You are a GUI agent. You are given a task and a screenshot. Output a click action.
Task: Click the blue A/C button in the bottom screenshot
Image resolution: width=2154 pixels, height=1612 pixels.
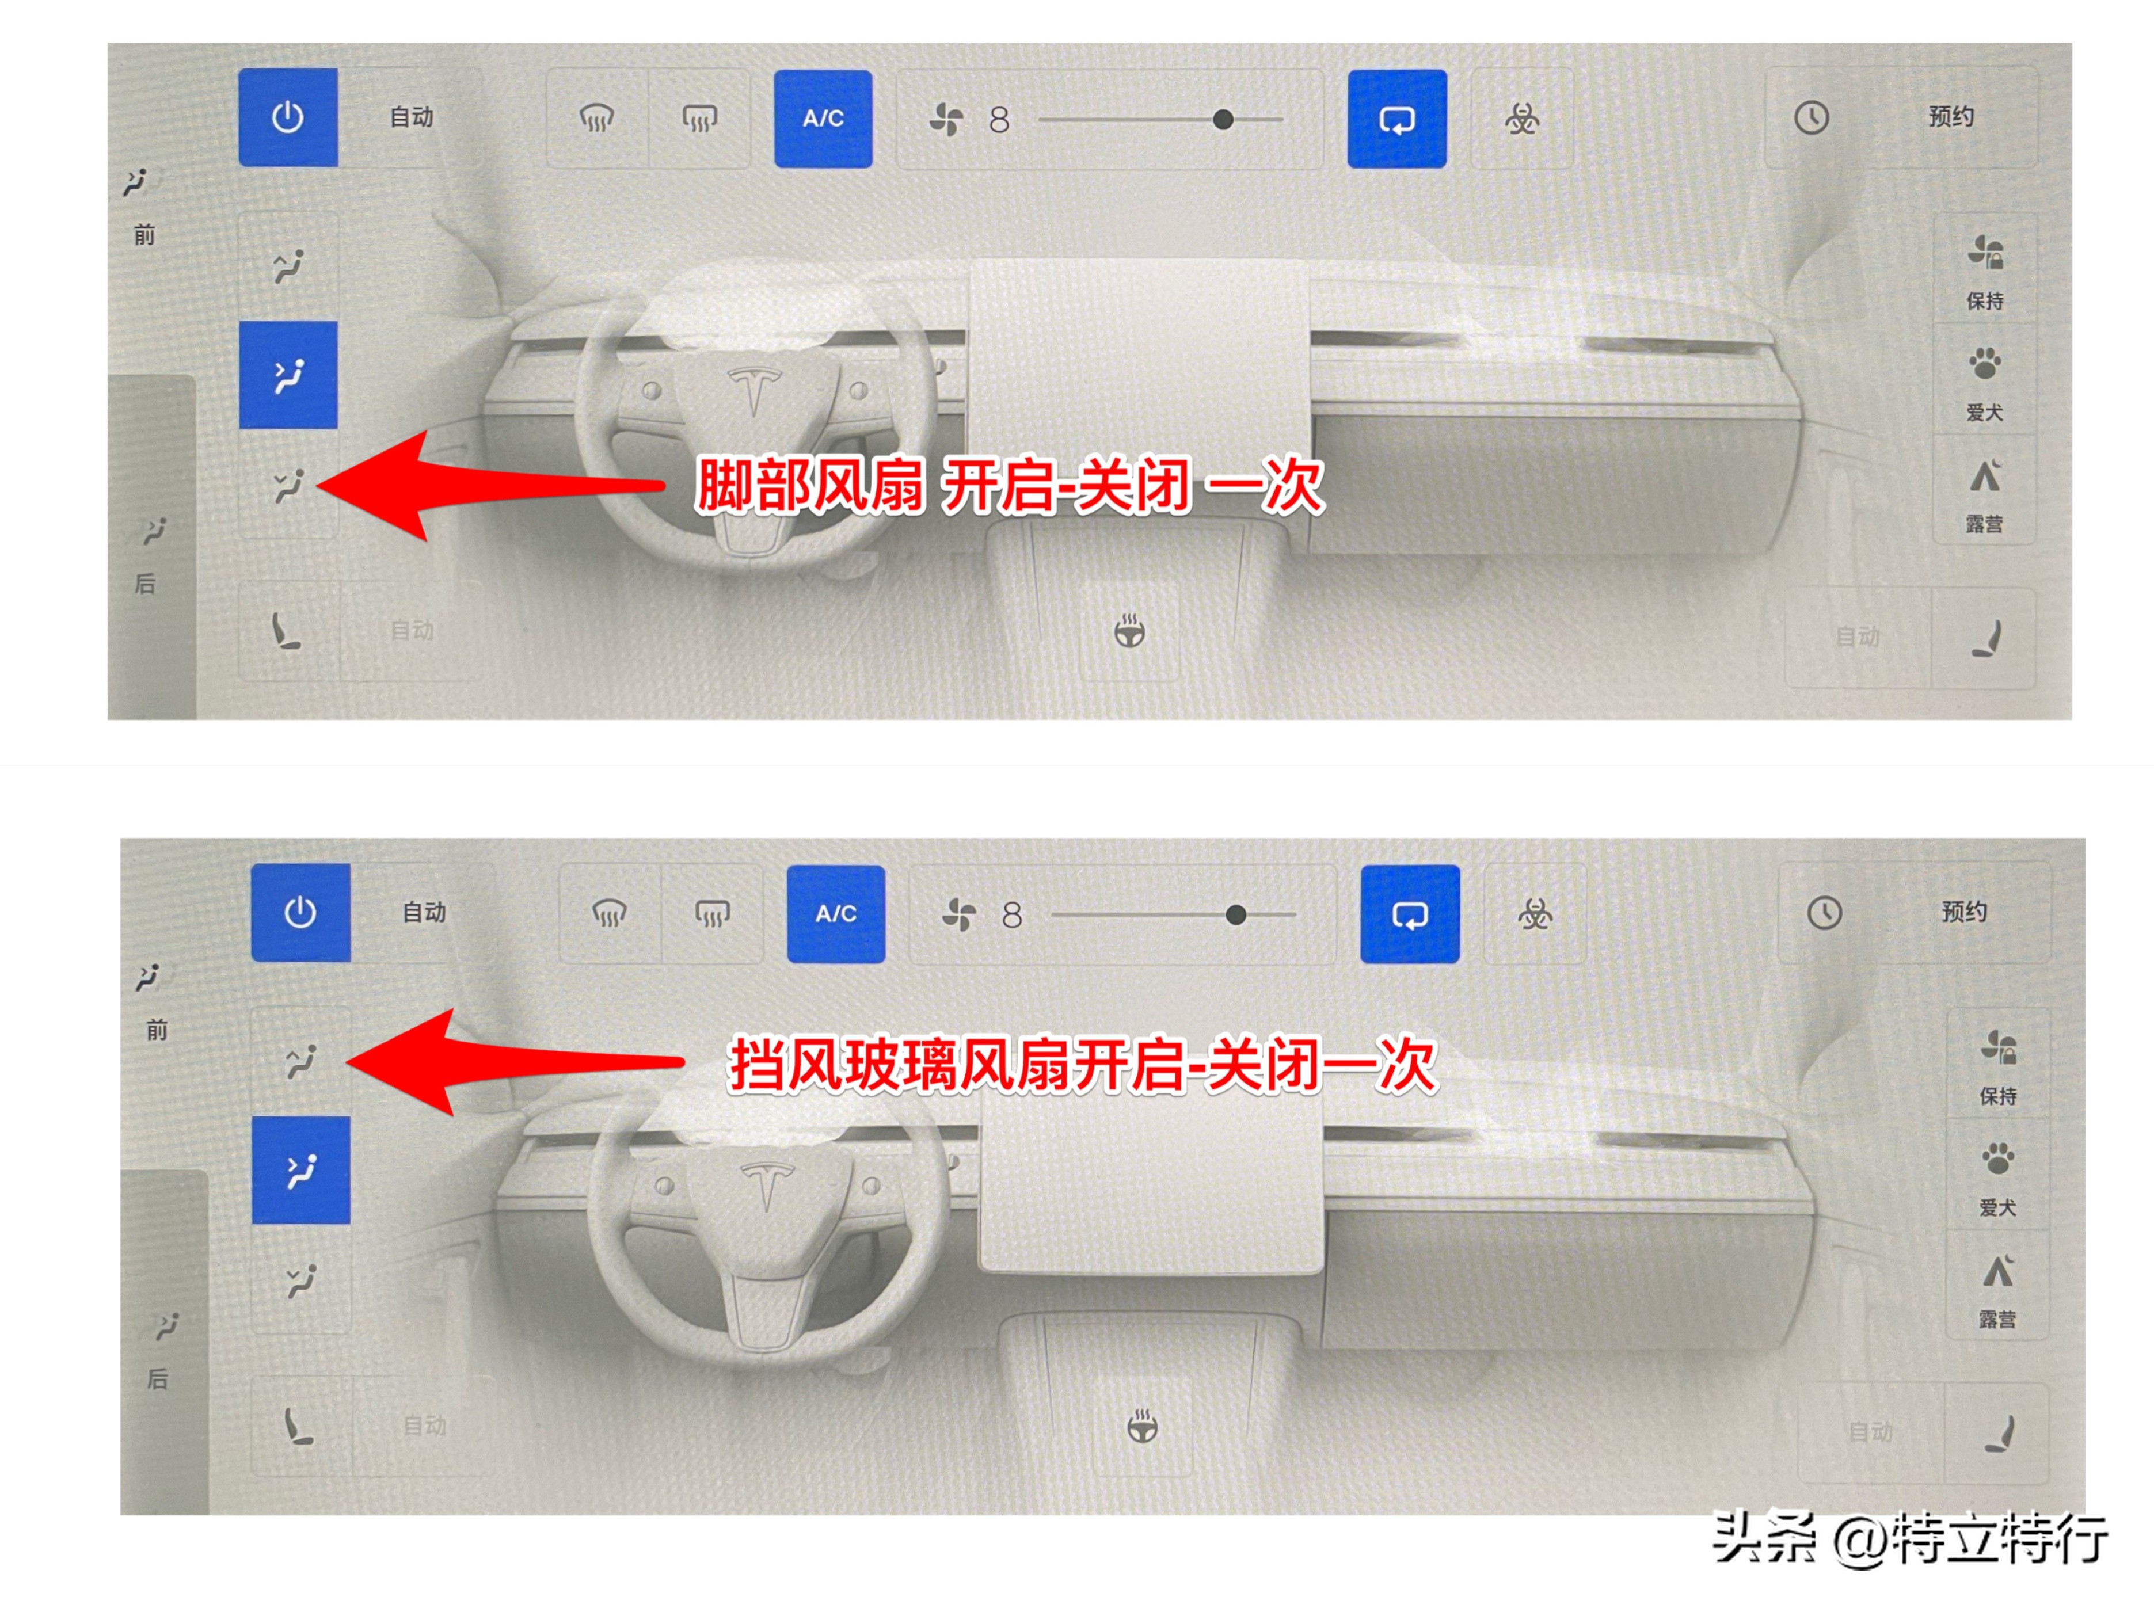pos(835,913)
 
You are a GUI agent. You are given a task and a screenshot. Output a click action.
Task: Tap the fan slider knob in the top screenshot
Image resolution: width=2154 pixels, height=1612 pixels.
pos(1223,120)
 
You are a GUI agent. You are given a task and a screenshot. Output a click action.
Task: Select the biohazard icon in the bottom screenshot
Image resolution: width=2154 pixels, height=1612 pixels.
pos(1535,913)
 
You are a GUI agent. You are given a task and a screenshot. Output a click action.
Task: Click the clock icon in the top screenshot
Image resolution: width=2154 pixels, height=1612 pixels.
pos(1812,118)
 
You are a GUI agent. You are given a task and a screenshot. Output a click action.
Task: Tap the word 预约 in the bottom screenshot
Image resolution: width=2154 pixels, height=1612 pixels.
pos(1963,911)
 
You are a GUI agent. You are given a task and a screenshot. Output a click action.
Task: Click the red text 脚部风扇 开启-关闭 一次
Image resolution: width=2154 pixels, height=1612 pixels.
pos(1008,485)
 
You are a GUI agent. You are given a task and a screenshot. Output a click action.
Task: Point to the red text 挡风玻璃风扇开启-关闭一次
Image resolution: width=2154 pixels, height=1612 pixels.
pos(1081,1065)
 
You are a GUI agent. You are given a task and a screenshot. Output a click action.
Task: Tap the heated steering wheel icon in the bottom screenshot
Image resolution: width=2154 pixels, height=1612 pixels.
pos(1142,1427)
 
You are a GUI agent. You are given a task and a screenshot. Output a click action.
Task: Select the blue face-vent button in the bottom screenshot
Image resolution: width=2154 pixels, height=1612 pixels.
pos(301,1170)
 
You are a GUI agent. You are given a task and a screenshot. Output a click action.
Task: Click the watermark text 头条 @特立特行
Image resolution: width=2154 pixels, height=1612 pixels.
pos(1909,1538)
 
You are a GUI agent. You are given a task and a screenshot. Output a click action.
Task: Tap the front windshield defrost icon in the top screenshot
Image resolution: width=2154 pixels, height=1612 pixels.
pos(597,119)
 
